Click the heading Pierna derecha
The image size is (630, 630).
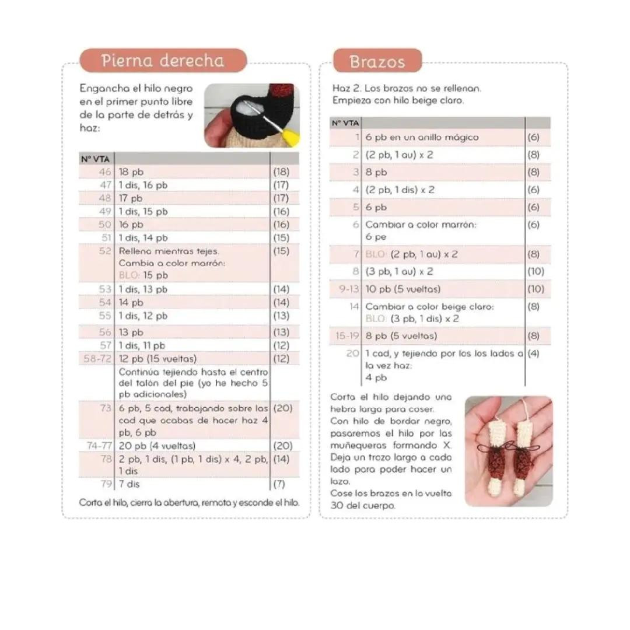coord(162,61)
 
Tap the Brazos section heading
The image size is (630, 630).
coord(377,61)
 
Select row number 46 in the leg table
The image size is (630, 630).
coord(105,172)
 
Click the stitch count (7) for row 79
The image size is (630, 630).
coord(279,484)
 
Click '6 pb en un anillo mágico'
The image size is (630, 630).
coord(422,138)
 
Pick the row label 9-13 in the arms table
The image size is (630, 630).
coord(348,289)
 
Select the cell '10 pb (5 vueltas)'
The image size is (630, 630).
coord(402,289)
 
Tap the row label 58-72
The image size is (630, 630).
coord(97,359)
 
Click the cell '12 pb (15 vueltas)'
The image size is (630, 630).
coord(157,359)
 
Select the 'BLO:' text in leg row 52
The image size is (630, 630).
coord(128,275)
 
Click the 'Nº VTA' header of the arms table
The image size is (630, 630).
coord(345,123)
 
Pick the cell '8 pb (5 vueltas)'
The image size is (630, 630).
coord(401,336)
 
